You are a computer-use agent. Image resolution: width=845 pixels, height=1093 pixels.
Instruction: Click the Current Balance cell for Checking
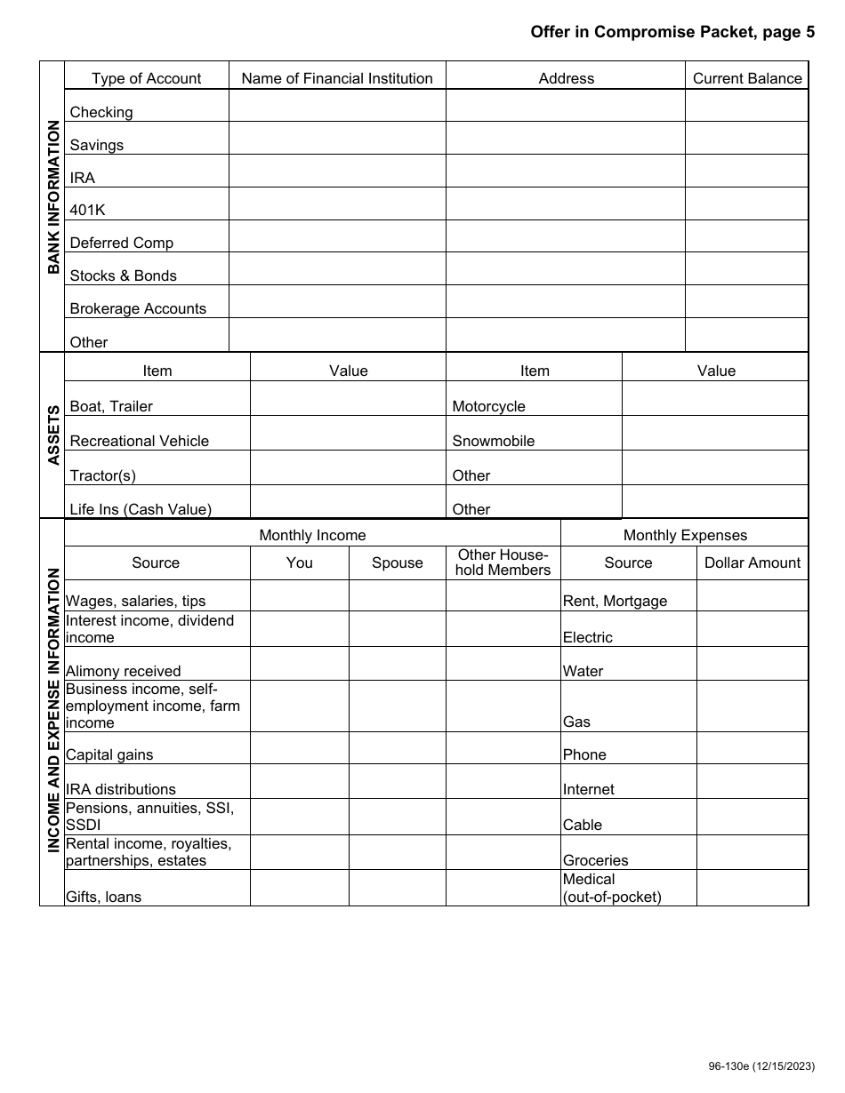(746, 106)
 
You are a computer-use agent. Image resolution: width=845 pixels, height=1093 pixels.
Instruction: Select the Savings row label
(97, 145)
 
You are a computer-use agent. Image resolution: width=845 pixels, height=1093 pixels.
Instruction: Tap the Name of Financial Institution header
(337, 78)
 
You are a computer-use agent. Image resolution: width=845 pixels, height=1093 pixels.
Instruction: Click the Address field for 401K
(565, 203)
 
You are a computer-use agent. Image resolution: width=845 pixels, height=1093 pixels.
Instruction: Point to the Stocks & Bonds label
(123, 275)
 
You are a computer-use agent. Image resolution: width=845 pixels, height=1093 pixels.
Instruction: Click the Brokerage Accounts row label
(138, 308)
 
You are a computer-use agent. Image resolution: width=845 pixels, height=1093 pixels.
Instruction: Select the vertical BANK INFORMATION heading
(52, 198)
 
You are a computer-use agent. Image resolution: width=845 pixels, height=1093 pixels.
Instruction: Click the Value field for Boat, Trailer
(348, 398)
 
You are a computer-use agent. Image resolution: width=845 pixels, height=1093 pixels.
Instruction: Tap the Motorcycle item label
(488, 406)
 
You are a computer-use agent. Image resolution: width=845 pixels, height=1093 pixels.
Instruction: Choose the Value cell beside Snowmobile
(714, 433)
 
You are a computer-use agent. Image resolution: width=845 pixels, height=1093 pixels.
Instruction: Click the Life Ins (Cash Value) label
(141, 509)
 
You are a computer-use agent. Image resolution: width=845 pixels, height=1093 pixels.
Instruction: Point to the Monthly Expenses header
(685, 535)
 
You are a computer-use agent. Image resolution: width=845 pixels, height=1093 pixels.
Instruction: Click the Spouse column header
(397, 563)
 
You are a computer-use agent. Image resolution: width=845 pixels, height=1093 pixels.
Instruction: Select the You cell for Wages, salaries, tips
(299, 595)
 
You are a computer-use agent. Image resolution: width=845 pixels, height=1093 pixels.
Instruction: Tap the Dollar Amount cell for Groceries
(752, 852)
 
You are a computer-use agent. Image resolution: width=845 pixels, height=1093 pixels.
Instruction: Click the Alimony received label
(124, 671)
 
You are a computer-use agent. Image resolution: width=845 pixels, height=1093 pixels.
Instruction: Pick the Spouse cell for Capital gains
(397, 748)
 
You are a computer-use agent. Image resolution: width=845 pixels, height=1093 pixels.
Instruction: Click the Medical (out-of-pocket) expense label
(612, 889)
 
